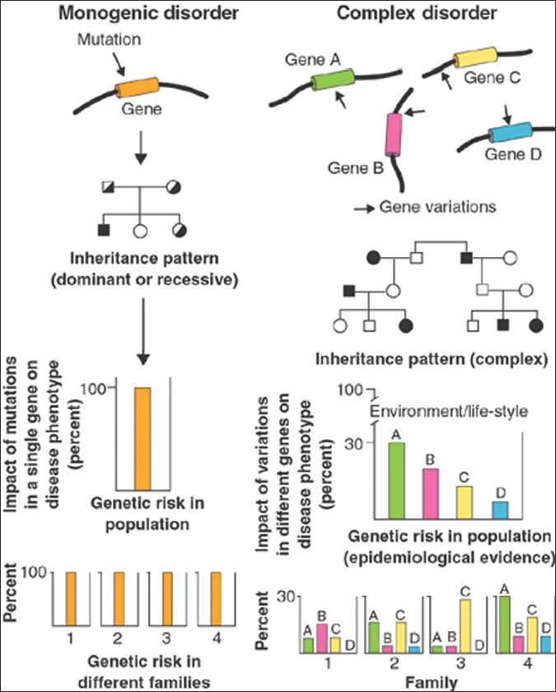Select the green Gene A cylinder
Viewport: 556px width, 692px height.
333,82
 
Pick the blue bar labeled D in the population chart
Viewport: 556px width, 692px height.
500,509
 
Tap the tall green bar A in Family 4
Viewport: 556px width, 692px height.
505,624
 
